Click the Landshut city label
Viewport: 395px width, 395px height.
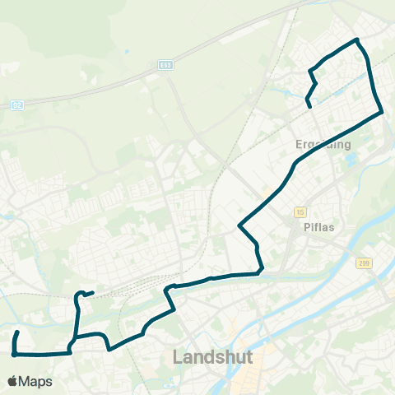[x=212, y=357]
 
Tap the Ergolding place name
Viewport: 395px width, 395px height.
[x=323, y=144]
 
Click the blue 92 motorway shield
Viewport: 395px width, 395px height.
[x=17, y=105]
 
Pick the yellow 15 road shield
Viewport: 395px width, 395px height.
[x=300, y=211]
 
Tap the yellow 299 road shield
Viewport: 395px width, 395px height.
[x=365, y=263]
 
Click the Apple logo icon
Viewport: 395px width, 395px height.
[x=13, y=382]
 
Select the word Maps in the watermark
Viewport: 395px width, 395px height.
[x=35, y=382]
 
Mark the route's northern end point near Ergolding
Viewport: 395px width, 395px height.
[x=308, y=106]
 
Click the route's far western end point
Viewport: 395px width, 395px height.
[x=17, y=332]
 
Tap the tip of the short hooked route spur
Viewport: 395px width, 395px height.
[x=92, y=292]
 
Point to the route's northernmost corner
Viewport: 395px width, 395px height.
[x=356, y=39]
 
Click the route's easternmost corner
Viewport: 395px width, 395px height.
[x=383, y=113]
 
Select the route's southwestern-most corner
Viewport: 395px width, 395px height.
[x=14, y=355]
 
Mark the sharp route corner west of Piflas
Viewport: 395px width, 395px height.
[x=239, y=225]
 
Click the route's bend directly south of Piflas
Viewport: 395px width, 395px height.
[x=261, y=267]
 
